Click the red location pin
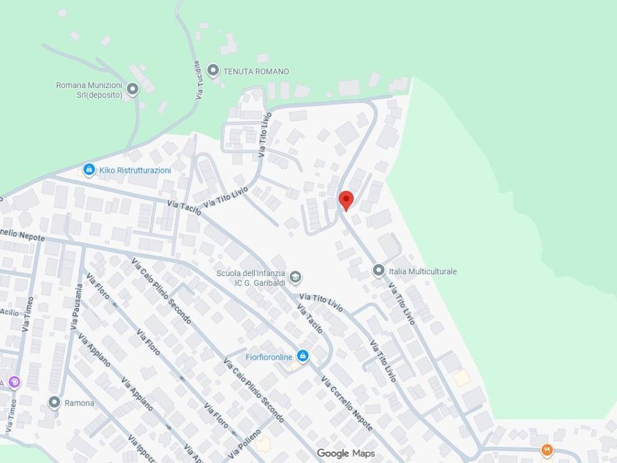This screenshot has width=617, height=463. tap(346, 200)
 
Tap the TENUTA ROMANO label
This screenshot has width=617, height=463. tap(256, 71)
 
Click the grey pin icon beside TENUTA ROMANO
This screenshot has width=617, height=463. tap(213, 71)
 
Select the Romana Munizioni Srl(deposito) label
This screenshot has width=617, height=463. tap(89, 90)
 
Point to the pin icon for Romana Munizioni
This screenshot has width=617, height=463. tap(133, 90)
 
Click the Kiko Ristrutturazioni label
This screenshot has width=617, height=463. tap(135, 170)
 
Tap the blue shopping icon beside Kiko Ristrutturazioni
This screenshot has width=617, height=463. tap(89, 170)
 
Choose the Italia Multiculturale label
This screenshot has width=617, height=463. tap(422, 271)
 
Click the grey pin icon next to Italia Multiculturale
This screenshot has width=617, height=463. tap(378, 271)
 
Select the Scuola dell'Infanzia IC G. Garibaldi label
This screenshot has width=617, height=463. tap(250, 278)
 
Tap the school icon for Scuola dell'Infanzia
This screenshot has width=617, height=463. tap(295, 278)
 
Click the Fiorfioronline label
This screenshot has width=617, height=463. tap(269, 357)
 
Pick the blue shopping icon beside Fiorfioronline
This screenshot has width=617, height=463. tap(303, 356)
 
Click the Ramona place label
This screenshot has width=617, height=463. tap(80, 403)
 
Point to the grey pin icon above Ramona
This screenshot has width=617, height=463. tap(55, 402)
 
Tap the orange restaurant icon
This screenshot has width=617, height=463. tap(547, 450)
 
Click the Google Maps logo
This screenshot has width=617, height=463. tap(346, 453)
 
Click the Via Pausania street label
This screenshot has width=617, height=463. tap(77, 307)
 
